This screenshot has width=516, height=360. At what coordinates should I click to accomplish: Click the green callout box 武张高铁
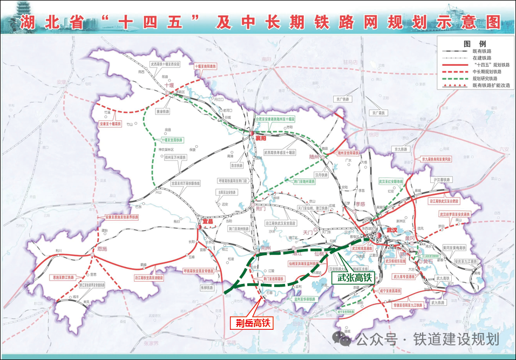tap(351, 278)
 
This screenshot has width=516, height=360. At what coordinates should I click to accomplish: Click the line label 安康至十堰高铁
tap(111, 124)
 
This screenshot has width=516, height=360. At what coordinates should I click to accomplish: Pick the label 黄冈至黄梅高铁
tap(453, 247)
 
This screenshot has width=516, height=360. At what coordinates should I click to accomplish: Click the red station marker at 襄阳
tap(252, 133)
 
